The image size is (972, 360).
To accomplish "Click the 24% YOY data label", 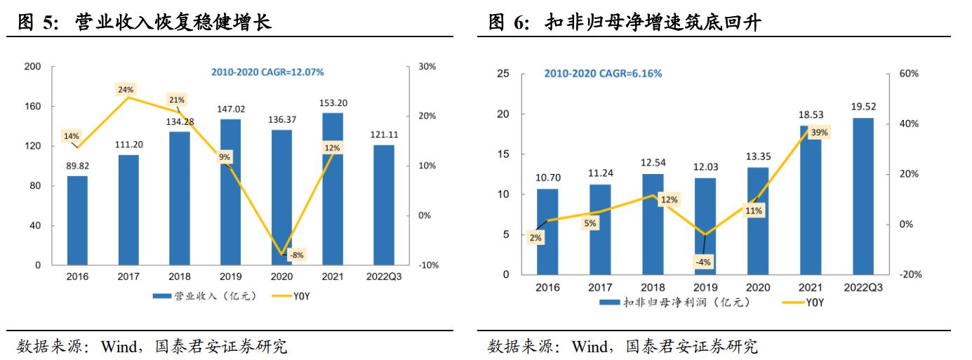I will pos(126,90).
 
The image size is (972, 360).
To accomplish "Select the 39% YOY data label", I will pos(818,132).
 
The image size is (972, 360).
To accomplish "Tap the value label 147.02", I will pos(230,109).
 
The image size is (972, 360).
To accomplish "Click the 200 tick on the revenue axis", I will pos(32,67).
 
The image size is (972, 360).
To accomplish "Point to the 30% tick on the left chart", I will pos(427,67).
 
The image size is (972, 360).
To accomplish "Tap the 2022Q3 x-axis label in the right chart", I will pos(863,287).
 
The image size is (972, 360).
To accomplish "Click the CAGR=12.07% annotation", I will pos(267,72).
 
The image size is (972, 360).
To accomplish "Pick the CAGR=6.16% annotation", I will pos(603,74).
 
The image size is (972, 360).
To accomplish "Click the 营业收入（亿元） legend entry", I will pos(204,296).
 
